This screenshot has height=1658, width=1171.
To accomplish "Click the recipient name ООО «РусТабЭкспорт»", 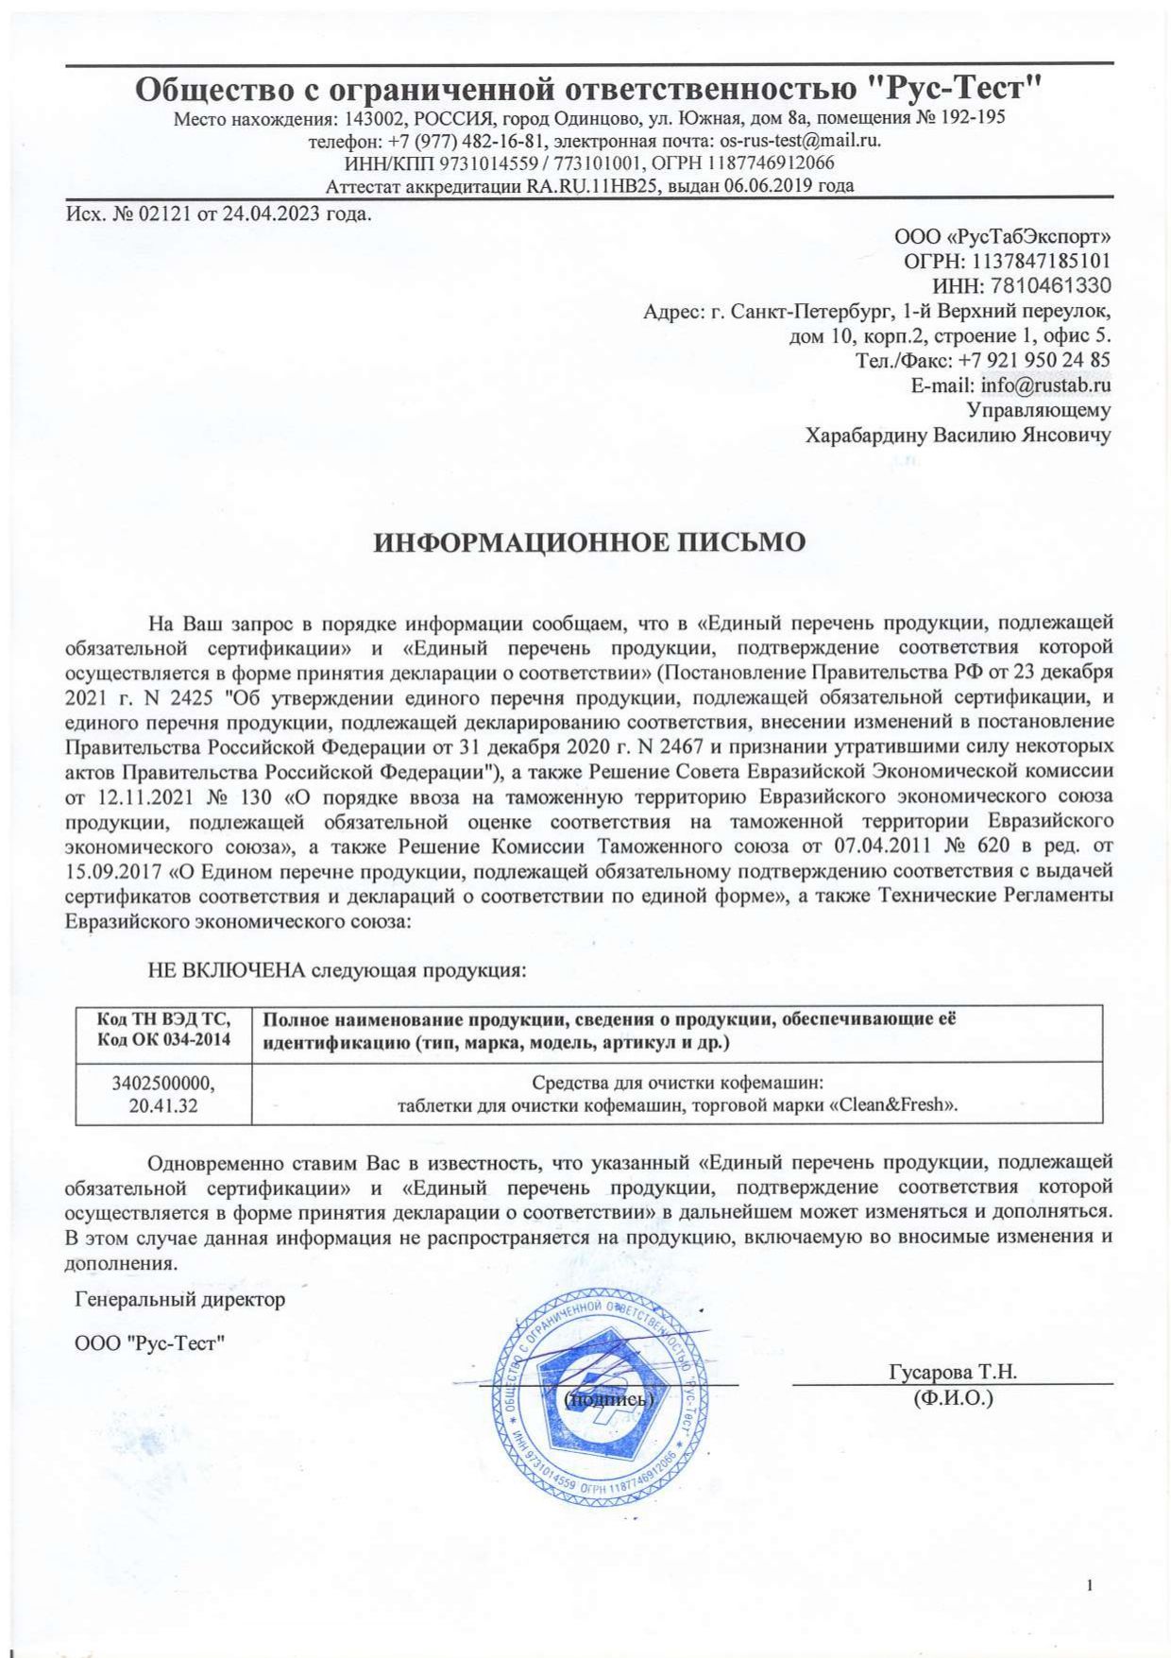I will click(x=1002, y=236).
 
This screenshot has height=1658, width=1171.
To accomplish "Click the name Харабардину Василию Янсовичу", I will click(x=957, y=435).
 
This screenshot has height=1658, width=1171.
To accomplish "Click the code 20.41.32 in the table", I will click(x=163, y=1104).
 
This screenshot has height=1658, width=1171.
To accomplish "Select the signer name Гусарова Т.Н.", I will click(x=952, y=1372).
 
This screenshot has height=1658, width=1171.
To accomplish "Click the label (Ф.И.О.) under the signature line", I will click(x=954, y=1398).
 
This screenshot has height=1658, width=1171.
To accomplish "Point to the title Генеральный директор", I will click(x=179, y=1299).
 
